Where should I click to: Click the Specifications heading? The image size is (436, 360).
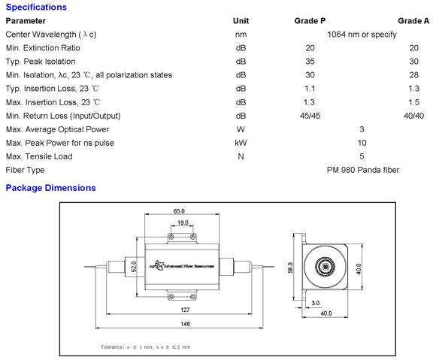coord(36,8)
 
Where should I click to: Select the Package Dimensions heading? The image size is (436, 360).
coord(50,188)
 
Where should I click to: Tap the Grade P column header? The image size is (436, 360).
coord(310,21)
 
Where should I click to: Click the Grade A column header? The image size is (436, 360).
coord(413,21)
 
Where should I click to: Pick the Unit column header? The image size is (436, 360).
coord(241,21)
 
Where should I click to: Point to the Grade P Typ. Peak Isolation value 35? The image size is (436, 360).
coord(310,62)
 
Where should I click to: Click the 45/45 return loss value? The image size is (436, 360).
coord(310,116)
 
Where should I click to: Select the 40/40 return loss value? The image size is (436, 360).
coord(413,116)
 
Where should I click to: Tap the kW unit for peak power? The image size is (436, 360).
coord(241,143)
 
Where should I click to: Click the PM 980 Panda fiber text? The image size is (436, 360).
coord(363,170)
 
